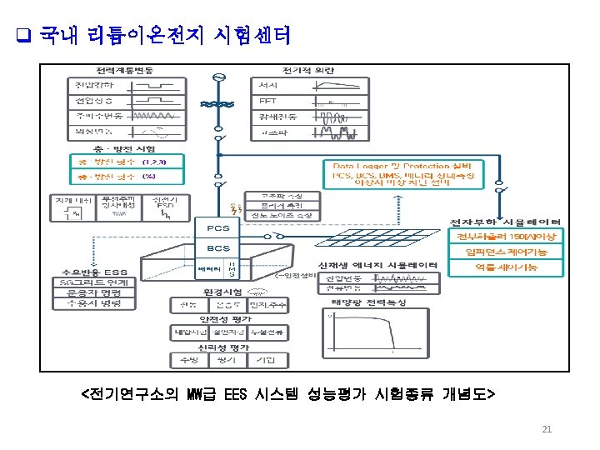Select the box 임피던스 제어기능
pos(506,252)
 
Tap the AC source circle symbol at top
pos(220,78)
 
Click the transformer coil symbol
pos(220,105)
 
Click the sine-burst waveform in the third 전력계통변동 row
pos(154,116)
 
